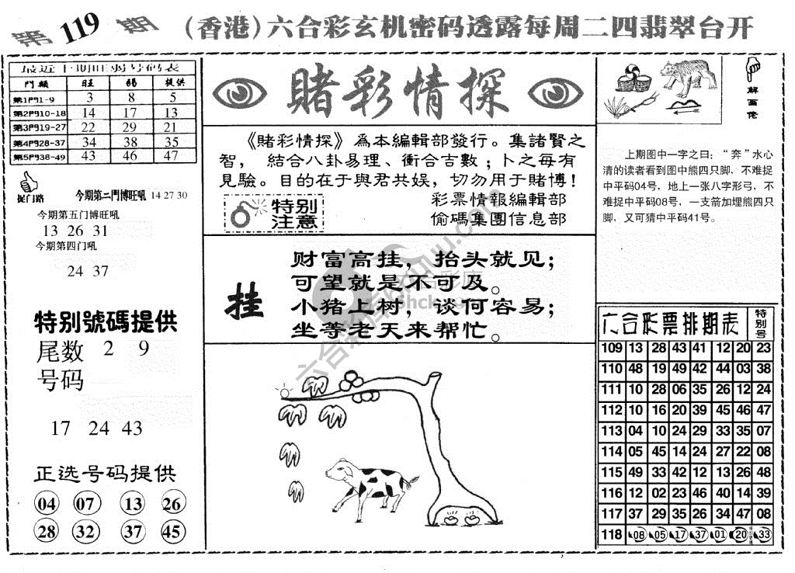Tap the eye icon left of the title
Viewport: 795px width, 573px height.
tap(240, 93)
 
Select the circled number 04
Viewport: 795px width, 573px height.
tap(47, 505)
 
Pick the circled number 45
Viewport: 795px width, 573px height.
tap(174, 532)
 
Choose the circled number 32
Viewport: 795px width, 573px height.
tap(88, 532)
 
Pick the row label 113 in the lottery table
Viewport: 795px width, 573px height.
tap(612, 431)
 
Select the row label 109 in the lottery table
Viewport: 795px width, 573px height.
tap(612, 348)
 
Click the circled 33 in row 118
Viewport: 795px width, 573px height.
tap(763, 535)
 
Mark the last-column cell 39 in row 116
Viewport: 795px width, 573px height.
tap(763, 493)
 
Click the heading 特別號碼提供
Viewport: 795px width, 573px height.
tap(106, 321)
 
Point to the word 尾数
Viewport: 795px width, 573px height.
tap(60, 352)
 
